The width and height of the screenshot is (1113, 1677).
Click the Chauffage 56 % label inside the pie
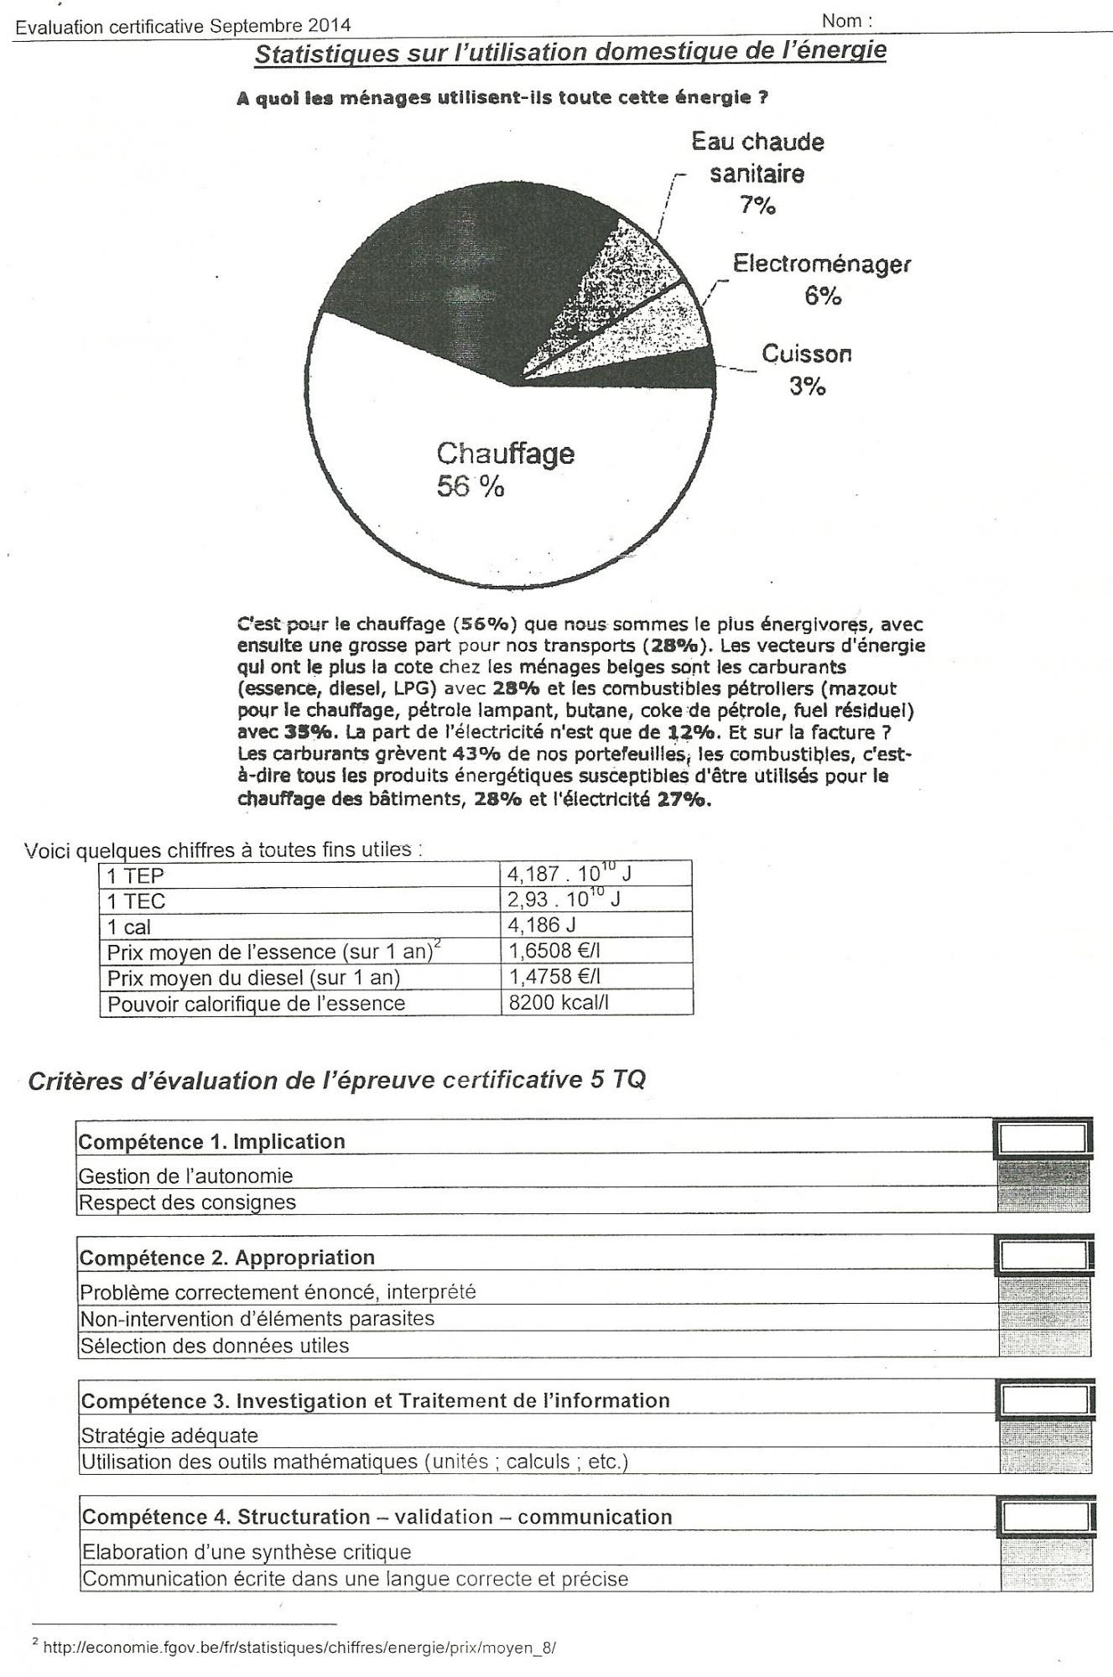point(504,470)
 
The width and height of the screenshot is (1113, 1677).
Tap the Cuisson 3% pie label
point(806,370)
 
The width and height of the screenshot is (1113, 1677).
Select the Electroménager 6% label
point(821,279)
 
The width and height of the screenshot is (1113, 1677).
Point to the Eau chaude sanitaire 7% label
point(757,174)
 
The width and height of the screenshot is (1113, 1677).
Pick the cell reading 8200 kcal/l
point(559,1003)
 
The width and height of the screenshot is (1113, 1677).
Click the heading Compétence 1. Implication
point(211,1142)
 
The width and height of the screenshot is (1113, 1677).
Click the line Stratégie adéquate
point(169,1436)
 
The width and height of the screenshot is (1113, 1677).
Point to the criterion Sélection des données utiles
point(214,1346)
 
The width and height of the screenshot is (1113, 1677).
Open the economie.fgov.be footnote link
point(299,1648)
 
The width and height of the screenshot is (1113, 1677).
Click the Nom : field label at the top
point(846,21)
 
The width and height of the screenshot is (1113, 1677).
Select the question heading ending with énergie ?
point(502,97)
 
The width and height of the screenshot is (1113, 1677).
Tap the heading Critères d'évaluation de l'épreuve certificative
point(336,1080)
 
